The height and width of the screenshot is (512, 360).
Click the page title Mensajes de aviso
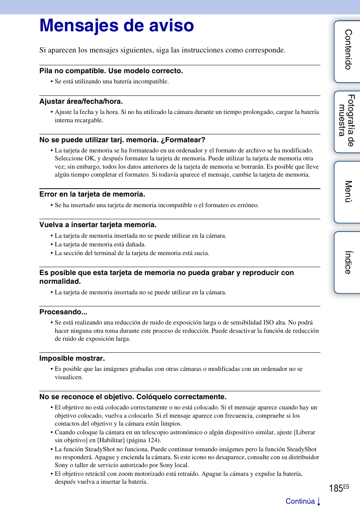pyautogui.click(x=117, y=26)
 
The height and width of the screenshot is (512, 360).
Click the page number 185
pyautogui.click(x=336, y=489)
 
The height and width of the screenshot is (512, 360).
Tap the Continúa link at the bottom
pyautogui.click(x=300, y=501)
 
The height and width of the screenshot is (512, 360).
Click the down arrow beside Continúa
pyautogui.click(x=319, y=501)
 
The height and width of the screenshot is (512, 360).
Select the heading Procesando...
pyautogui.click(x=63, y=312)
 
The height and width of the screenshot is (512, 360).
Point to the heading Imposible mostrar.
pyautogui.click(x=72, y=358)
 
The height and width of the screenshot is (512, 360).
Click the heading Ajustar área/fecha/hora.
pyautogui.click(x=81, y=101)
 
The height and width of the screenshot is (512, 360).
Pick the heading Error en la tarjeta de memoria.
pyautogui.click(x=92, y=194)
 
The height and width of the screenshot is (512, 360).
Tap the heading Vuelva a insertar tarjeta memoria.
pyautogui.click(x=98, y=225)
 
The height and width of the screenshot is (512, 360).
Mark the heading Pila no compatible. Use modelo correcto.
pyautogui.click(x=111, y=71)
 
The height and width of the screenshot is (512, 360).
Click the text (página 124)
pyautogui.click(x=144, y=440)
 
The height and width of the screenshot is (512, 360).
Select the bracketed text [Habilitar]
pyautogui.click(x=111, y=440)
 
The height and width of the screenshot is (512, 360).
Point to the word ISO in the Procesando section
pyautogui.click(x=268, y=323)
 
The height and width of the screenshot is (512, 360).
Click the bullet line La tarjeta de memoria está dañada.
pyautogui.click(x=100, y=244)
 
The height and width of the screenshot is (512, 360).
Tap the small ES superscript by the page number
pyautogui.click(x=346, y=487)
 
